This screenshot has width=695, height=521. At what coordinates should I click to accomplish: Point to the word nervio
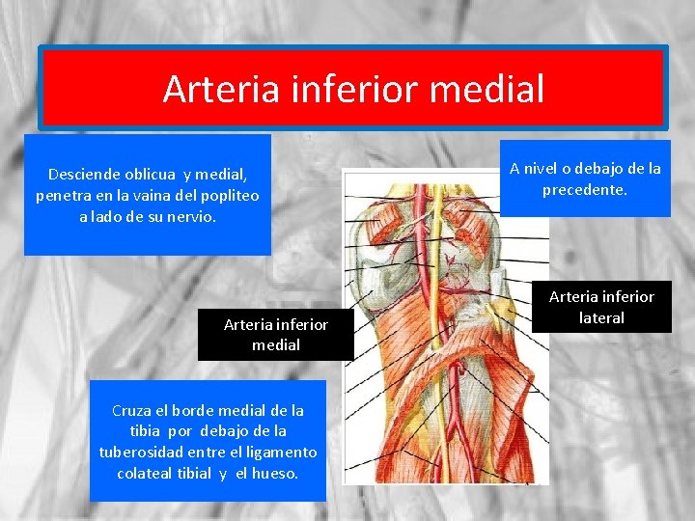(191, 217)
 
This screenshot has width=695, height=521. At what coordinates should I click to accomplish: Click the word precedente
(585, 190)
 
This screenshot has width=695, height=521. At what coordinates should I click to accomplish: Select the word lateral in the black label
(601, 317)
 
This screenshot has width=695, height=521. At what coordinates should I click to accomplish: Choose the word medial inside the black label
(276, 344)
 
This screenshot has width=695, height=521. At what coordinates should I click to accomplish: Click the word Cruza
(136, 410)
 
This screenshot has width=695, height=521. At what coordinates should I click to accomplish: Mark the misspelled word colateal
(145, 474)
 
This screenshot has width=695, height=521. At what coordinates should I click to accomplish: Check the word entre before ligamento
(218, 452)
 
